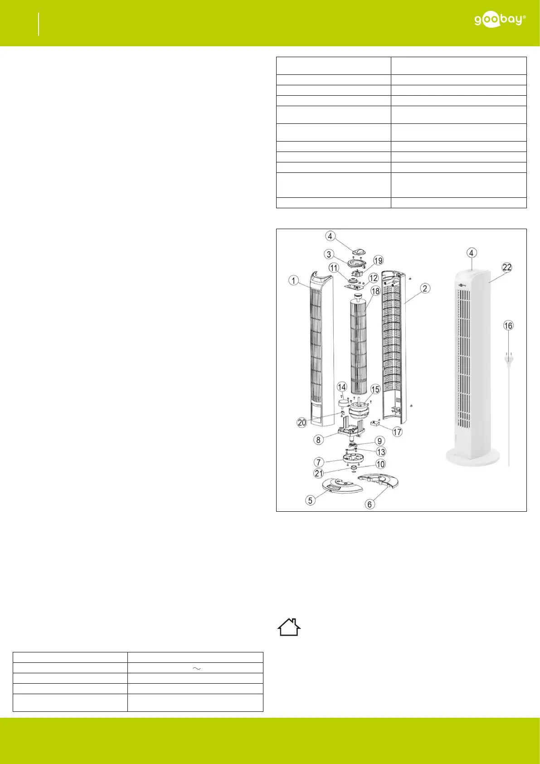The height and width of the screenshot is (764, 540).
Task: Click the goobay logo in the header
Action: (500, 20)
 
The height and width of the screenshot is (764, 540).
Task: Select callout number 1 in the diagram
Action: (293, 281)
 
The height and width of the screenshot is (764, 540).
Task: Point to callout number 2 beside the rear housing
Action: (425, 289)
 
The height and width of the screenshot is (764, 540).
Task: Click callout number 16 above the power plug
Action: (508, 326)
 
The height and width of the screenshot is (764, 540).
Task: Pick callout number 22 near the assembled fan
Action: (507, 267)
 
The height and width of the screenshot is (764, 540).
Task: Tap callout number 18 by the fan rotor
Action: (375, 291)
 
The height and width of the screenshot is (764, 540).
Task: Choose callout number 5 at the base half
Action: (310, 500)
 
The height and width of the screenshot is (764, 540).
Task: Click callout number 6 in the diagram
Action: (370, 504)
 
